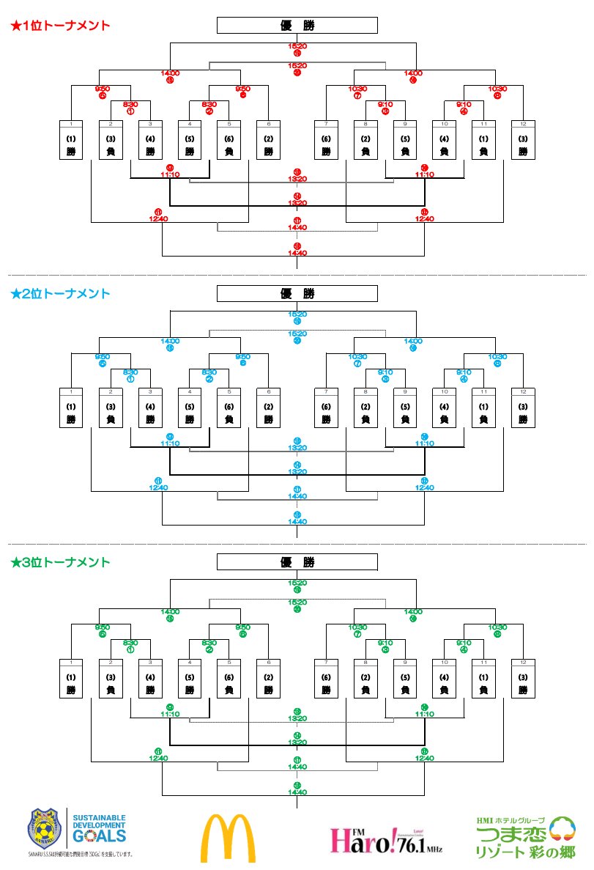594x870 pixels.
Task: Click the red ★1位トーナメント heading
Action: click(x=60, y=26)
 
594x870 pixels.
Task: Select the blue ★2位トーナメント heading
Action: click(x=60, y=294)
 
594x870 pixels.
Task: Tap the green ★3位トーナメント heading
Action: click(x=60, y=562)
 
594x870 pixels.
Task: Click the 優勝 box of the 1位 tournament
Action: click(x=297, y=26)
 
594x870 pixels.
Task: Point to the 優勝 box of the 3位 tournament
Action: click(x=297, y=562)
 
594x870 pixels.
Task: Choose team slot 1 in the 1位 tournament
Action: click(x=71, y=140)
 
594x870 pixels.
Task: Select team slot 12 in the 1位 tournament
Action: click(x=522, y=140)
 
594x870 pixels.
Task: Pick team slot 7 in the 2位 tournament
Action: click(x=326, y=408)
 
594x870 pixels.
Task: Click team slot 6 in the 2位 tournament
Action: click(x=268, y=408)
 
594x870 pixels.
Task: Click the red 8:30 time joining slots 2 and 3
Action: click(x=130, y=104)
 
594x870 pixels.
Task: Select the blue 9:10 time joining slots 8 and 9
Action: click(x=385, y=372)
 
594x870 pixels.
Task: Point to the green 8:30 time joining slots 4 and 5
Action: click(x=209, y=642)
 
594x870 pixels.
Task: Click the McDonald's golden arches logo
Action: click(x=228, y=837)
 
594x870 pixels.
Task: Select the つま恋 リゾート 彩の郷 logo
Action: click(x=525, y=837)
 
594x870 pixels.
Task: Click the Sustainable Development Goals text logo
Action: click(x=99, y=829)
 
